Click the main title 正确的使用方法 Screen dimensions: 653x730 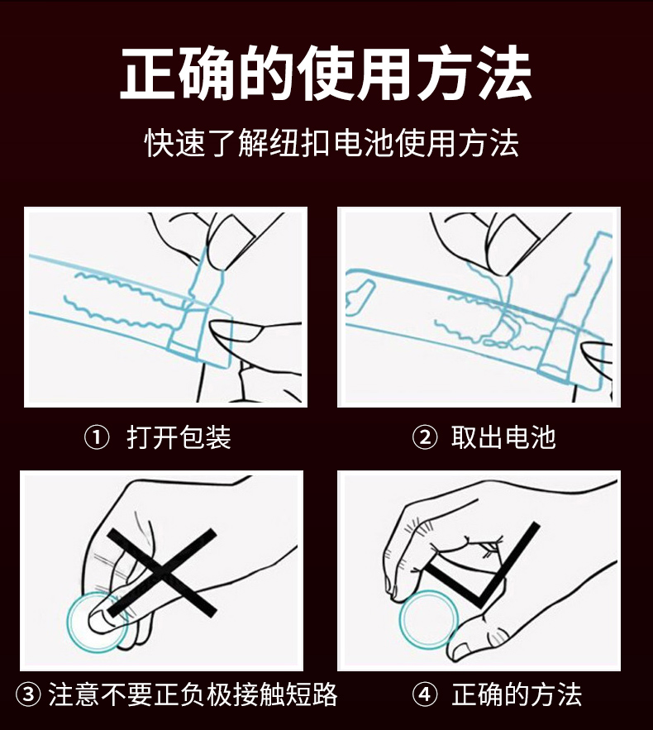click(326, 73)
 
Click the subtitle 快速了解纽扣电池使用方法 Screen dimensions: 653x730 click(331, 142)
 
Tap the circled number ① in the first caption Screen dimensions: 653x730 click(97, 437)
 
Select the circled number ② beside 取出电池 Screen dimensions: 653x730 click(425, 437)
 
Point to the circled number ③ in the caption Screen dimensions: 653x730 click(28, 694)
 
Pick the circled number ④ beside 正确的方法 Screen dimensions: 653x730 click(425, 694)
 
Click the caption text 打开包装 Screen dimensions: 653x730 click(179, 437)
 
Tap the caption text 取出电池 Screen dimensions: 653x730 click(503, 437)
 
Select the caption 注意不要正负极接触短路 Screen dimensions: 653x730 click(193, 694)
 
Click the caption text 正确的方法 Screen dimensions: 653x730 click(517, 694)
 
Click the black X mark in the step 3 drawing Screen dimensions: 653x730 click(161, 572)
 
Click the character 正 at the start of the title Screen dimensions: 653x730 click(148, 73)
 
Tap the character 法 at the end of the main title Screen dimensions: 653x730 click(504, 73)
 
